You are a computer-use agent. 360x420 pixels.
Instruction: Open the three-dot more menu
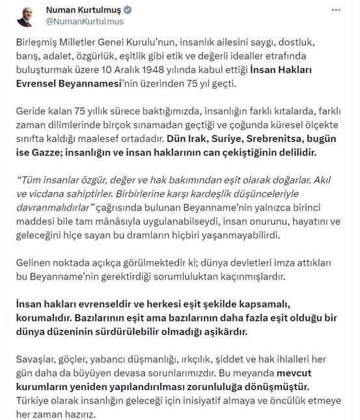point(336,10)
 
